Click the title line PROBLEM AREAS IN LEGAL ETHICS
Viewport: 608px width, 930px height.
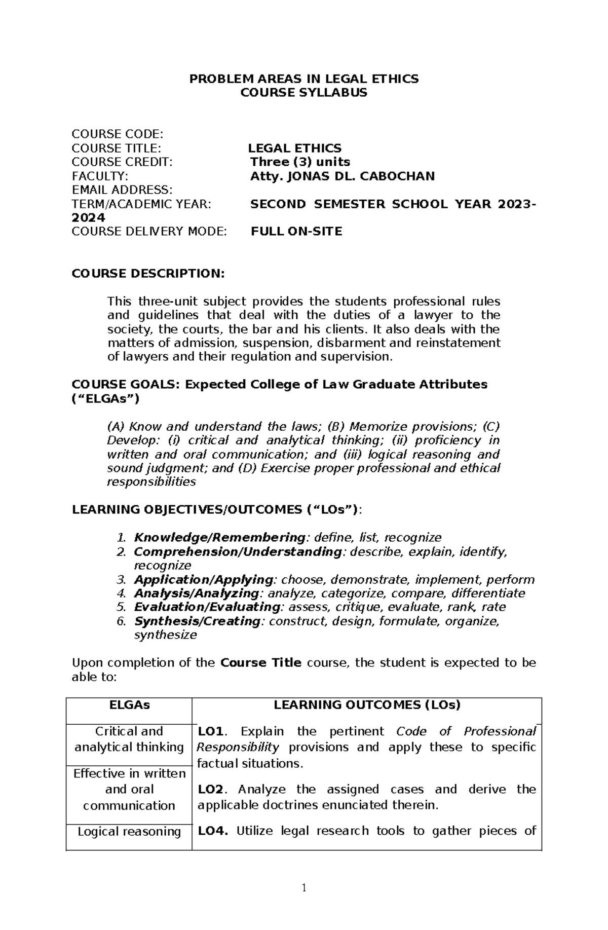tap(303, 79)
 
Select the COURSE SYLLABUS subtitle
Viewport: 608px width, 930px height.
tap(303, 93)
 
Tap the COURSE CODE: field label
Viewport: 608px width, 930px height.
tap(117, 134)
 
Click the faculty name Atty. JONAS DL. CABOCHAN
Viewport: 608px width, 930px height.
tap(342, 176)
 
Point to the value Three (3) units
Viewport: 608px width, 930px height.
tap(299, 162)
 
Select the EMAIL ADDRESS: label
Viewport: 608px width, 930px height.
tap(122, 190)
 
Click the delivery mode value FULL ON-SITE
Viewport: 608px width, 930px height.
tap(296, 232)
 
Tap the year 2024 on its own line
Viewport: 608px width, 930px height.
tap(88, 218)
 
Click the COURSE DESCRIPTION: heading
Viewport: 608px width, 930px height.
tap(147, 274)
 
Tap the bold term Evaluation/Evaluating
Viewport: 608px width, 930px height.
tap(207, 607)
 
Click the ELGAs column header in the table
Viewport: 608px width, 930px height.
tap(129, 705)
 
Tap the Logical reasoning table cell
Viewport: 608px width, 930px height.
tap(129, 832)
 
